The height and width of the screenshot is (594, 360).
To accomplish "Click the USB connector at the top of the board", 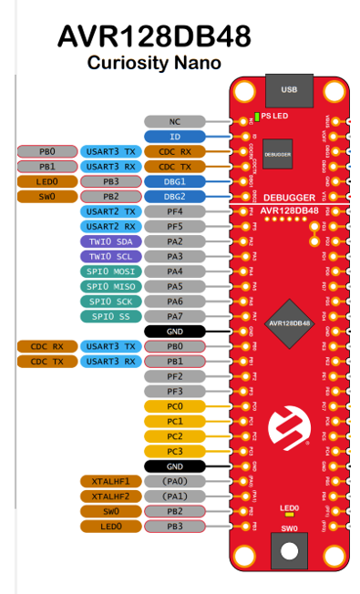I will tap(289, 91).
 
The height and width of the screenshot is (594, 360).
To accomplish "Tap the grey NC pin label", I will tap(175, 121).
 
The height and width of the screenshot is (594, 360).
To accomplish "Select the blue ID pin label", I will tap(175, 136).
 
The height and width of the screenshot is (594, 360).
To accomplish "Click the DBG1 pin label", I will tap(175, 181).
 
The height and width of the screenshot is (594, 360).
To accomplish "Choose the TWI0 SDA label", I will tap(111, 241).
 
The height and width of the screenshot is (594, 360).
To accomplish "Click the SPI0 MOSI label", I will tap(111, 271).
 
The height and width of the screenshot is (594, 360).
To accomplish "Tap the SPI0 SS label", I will tap(111, 316).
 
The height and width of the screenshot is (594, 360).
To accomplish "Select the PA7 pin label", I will tap(175, 316).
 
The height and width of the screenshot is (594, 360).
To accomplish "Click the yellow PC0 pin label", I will tap(175, 406).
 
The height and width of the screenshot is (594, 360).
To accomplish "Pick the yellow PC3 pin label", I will tap(175, 451).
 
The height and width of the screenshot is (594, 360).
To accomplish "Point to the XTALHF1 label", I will tap(111, 481).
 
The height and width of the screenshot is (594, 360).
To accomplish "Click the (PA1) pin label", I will tap(175, 497).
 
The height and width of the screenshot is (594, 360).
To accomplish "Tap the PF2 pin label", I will tap(175, 376).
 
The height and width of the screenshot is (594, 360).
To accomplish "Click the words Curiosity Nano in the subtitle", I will tap(154, 62).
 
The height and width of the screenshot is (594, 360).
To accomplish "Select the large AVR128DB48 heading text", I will tap(154, 36).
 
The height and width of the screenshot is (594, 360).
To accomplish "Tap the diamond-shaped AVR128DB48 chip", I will tap(289, 323).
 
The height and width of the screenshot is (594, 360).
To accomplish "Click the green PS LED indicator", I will tap(258, 116).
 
